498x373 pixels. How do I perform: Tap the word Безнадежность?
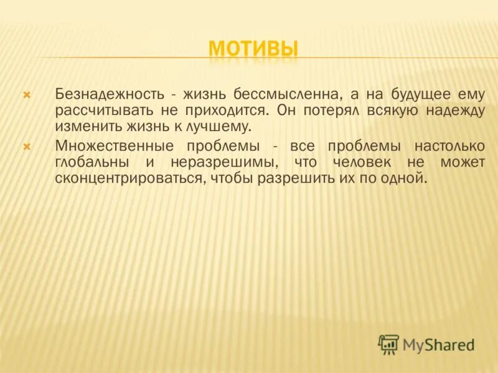click(110, 94)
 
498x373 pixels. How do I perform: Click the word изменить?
click(81, 127)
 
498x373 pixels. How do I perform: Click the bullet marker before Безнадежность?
click(27, 95)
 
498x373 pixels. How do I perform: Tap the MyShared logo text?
click(438, 344)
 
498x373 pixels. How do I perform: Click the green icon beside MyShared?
click(388, 344)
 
